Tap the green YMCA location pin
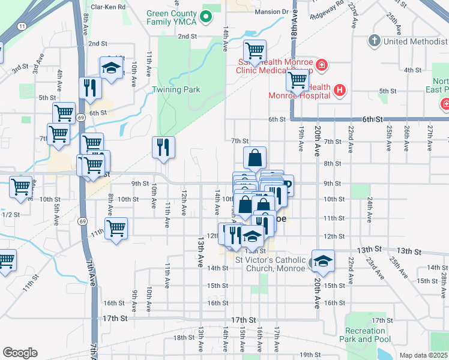tap(206, 17)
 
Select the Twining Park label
tap(175, 90)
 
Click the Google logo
tap(20, 353)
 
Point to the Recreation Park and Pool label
tap(365, 335)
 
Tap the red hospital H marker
tap(340, 91)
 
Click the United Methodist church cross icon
tap(374, 41)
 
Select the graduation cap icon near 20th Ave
tap(323, 261)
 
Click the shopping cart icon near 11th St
tap(116, 228)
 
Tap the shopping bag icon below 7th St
tap(255, 158)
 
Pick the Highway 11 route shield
tap(22, 26)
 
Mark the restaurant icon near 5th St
tap(90, 88)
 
